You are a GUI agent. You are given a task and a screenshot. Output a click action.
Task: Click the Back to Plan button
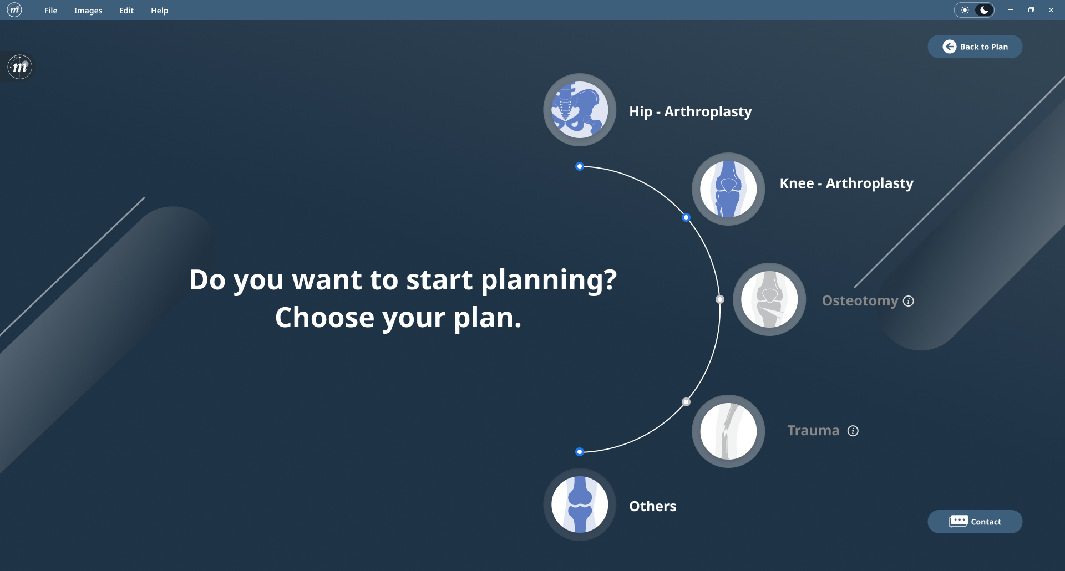pos(975,47)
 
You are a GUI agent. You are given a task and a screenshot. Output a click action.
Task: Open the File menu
pos(50,11)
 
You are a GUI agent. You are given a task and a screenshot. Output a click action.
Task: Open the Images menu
pos(88,11)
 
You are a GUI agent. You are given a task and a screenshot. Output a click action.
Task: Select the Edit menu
pos(126,11)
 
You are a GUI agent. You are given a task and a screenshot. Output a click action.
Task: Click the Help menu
pos(159,11)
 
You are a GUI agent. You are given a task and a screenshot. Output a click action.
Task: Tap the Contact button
pos(975,522)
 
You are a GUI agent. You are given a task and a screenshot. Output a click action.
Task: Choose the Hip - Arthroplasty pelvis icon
pos(580,110)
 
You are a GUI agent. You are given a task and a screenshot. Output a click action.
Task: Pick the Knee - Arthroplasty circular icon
pos(728,189)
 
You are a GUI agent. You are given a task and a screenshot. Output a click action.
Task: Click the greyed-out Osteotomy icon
pos(769,299)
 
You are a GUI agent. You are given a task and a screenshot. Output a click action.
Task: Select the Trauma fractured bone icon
pos(728,431)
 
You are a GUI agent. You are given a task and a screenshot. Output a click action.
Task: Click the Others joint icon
pos(580,504)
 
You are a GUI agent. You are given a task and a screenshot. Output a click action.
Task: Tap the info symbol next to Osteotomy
pos(909,301)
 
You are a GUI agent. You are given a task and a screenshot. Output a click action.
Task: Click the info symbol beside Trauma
pos(853,431)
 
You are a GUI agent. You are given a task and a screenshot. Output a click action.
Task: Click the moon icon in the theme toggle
pos(984,10)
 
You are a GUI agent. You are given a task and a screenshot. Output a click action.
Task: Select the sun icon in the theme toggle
pos(965,10)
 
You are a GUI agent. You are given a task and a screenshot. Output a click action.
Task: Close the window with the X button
pos(1051,10)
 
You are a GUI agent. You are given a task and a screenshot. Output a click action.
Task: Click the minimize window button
pos(1011,10)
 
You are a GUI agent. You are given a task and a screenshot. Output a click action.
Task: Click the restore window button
pos(1031,10)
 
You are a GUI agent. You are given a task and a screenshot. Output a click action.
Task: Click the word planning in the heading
pos(549,281)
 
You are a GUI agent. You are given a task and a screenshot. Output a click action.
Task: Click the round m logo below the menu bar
pos(20,67)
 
